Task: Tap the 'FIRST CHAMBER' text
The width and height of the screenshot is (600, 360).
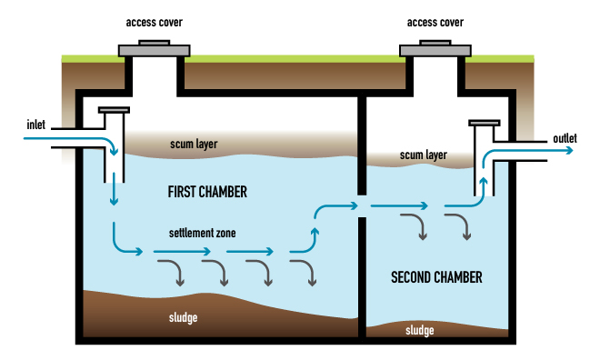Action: (x=207, y=193)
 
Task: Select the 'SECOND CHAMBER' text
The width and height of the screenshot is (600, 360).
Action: (x=436, y=276)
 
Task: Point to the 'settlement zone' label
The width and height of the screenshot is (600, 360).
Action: (x=202, y=234)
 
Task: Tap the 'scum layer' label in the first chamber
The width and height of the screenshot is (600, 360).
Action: (x=195, y=145)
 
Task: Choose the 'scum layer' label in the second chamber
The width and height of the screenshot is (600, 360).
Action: (x=424, y=155)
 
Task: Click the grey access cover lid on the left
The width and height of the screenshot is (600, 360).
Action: (x=152, y=48)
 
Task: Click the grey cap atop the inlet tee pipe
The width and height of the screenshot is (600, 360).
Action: (x=115, y=110)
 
